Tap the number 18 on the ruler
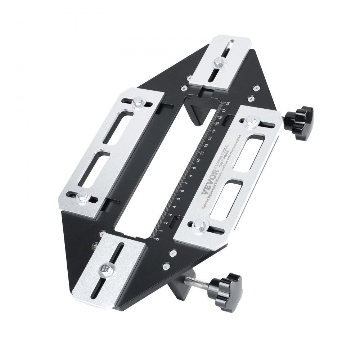228,103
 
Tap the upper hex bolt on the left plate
138,104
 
